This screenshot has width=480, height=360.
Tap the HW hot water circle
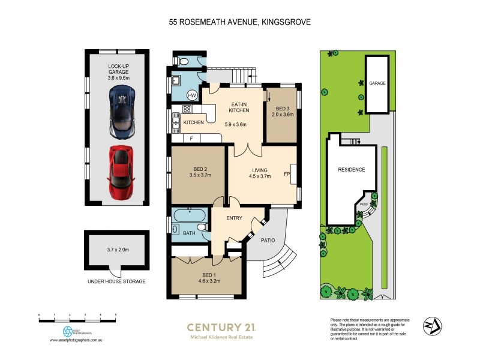[x=193, y=95]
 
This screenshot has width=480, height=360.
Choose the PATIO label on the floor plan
[x=268, y=240]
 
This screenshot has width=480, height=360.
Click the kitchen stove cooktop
[x=187, y=110]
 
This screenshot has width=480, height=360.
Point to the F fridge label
[x=191, y=139]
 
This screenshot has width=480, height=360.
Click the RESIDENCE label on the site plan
[x=351, y=170]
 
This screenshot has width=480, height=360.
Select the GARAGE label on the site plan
[x=377, y=83]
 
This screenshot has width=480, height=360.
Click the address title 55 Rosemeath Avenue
[x=239, y=22]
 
